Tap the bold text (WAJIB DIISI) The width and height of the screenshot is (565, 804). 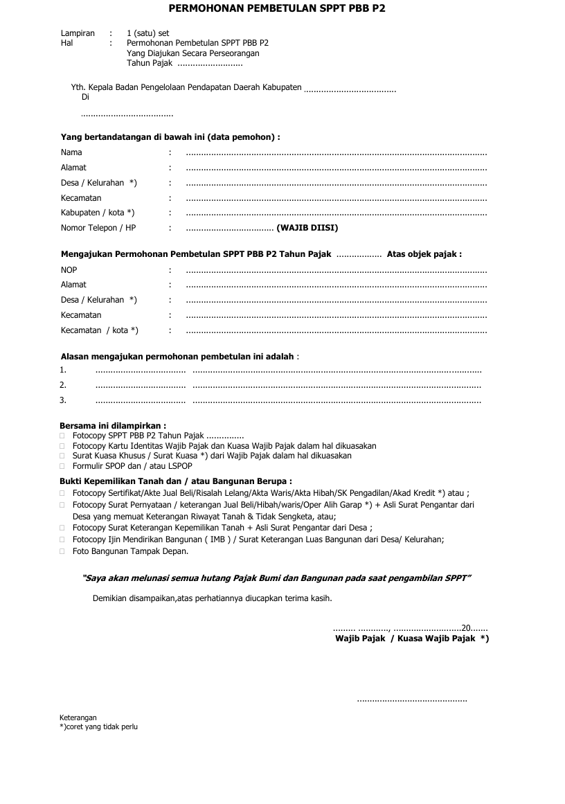coord(307,228)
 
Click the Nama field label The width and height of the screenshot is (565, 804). coord(71,152)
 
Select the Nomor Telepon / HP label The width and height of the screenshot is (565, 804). coord(98,228)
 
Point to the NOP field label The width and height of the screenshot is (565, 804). coord(69,269)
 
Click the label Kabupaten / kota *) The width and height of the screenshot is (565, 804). coord(98,213)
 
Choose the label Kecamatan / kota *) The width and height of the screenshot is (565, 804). coord(100,330)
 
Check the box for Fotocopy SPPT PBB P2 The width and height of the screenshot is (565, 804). coord(62,436)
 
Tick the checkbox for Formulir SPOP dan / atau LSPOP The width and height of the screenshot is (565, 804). coord(62,467)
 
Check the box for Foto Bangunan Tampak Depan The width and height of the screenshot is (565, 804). coord(62,552)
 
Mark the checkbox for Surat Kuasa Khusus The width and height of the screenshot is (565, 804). coord(62,456)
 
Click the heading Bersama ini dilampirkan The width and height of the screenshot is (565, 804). coord(113,426)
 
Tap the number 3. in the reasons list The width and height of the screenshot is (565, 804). coord(63,400)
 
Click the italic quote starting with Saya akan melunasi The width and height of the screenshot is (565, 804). coord(277,578)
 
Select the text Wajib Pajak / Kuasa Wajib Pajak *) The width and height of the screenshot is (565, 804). coord(412,638)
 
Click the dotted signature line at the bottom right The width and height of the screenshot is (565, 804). coord(411,701)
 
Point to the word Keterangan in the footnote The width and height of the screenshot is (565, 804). coord(78,717)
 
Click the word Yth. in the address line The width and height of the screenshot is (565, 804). coord(78,88)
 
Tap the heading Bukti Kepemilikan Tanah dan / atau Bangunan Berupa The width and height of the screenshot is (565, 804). coord(175,481)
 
